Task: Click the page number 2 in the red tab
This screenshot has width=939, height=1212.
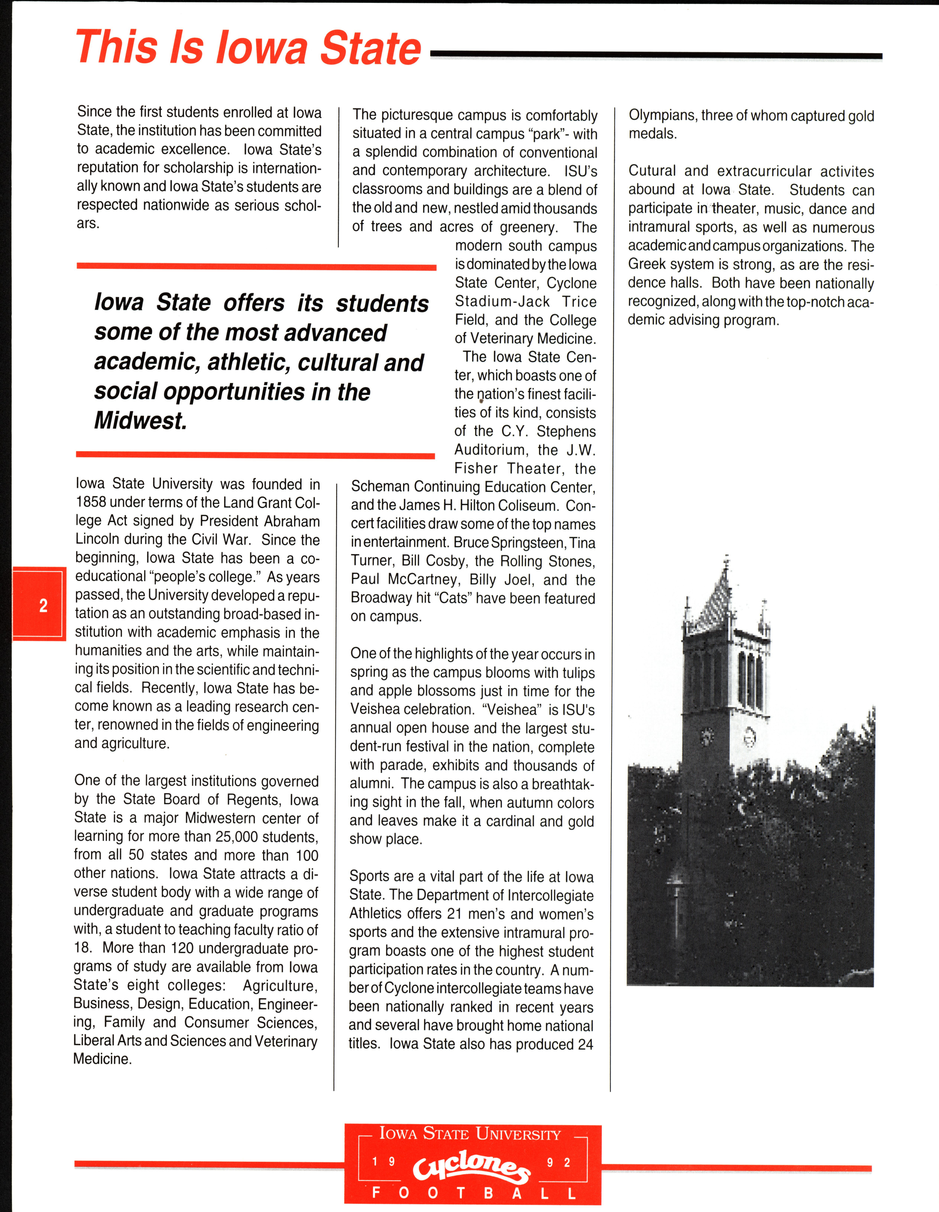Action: coord(43,606)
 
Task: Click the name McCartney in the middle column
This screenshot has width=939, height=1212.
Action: coord(423,580)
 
